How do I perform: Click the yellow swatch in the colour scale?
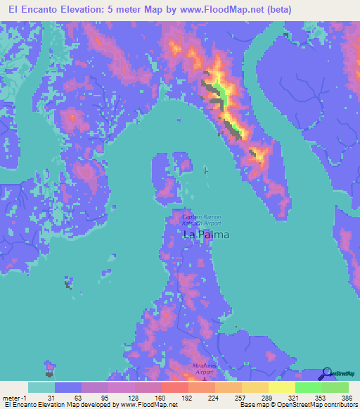click(281, 387)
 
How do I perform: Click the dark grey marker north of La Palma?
click(205, 170)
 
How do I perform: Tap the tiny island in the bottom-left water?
click(50, 366)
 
